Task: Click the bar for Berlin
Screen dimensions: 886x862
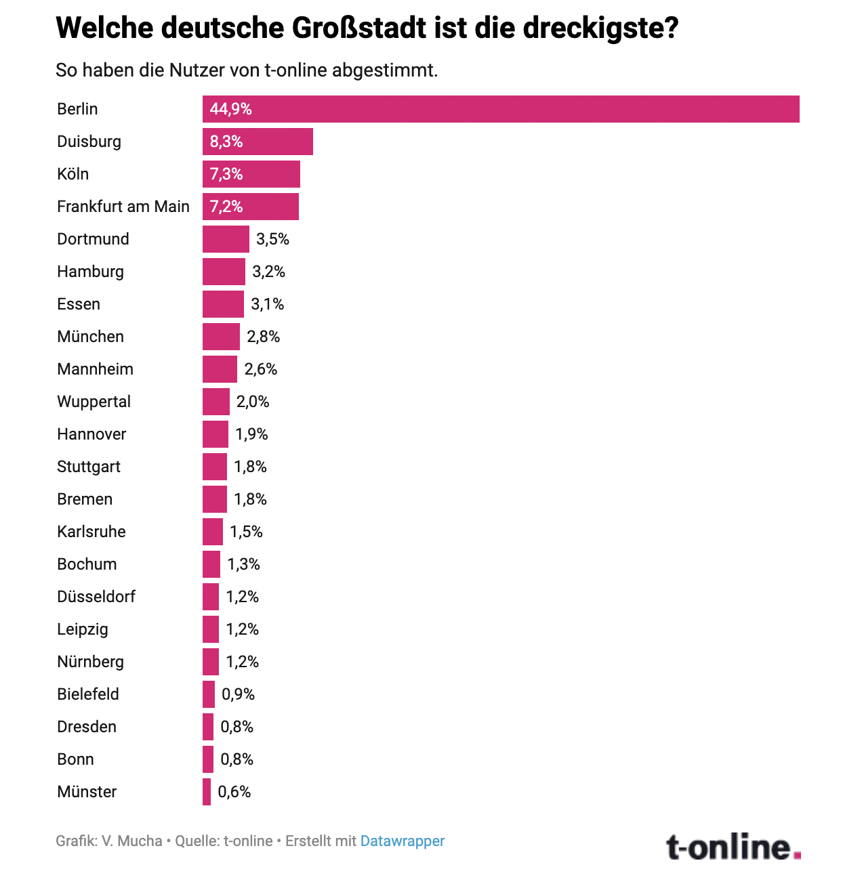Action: tap(501, 109)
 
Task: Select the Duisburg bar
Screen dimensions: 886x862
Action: tap(258, 142)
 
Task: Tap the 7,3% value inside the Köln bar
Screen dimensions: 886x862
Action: tap(226, 174)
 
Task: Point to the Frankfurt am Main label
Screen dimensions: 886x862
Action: tap(123, 207)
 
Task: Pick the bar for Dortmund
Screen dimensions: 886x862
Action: tap(226, 239)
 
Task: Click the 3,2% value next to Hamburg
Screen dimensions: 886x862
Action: tap(269, 272)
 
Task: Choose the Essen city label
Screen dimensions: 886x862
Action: tap(79, 304)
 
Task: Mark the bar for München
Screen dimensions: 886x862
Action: tap(221, 337)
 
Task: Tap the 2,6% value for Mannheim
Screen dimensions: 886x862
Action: tap(261, 369)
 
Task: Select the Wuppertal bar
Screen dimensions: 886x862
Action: tap(216, 402)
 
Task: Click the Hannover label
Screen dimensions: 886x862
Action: tap(91, 434)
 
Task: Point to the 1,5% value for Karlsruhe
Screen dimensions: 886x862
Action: tap(247, 532)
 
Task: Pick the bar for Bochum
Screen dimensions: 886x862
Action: tap(211, 564)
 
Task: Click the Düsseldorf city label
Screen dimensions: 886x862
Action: tap(96, 597)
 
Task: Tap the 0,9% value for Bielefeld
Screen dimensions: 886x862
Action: tap(239, 694)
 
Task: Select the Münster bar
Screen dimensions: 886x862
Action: tap(207, 792)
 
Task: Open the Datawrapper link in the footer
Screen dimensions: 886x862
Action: tap(403, 841)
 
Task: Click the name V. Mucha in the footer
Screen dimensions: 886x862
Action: tap(132, 841)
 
